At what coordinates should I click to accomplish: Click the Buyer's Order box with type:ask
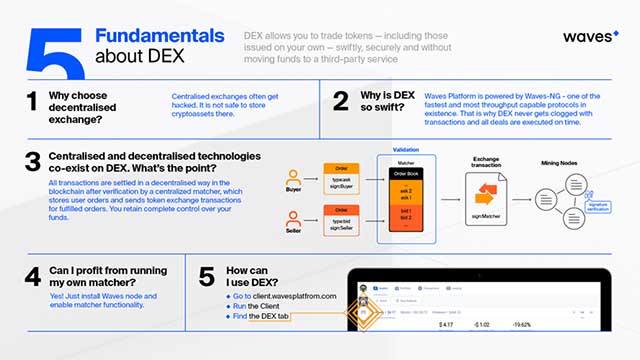341,176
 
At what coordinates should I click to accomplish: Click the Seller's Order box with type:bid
341,220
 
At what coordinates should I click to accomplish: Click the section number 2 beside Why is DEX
341,101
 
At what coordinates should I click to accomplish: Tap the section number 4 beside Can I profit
34,276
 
